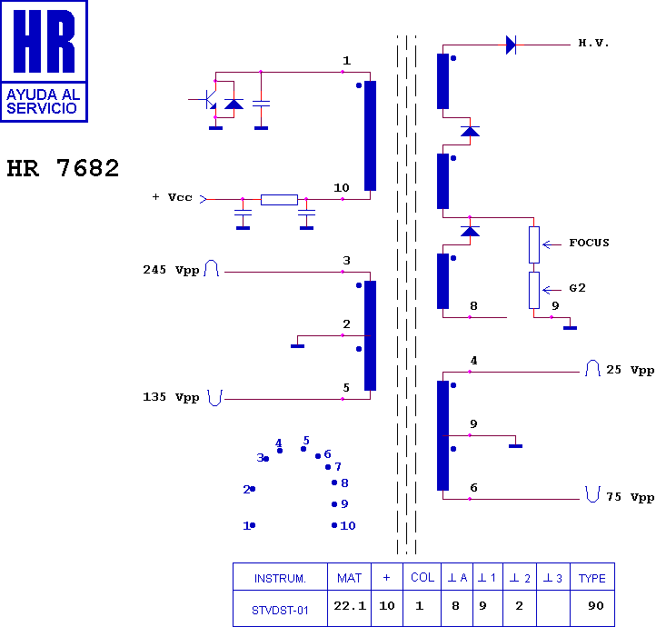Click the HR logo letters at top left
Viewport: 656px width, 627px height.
(44, 41)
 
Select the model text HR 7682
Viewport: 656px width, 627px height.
(63, 168)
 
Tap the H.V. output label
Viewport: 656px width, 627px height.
(593, 43)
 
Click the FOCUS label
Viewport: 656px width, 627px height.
(589, 243)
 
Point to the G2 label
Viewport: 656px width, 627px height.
(577, 288)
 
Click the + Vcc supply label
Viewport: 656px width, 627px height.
(172, 197)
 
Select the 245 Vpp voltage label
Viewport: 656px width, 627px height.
(171, 270)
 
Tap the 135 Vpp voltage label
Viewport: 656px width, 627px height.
(171, 397)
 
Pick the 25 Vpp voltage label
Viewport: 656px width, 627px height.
(630, 370)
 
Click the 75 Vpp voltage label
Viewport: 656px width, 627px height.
(630, 497)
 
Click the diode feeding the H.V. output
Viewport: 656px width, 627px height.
(511, 45)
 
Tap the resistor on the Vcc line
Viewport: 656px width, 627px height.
(279, 200)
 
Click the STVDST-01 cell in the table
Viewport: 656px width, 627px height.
(280, 611)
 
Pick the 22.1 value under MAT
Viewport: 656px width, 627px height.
(350, 605)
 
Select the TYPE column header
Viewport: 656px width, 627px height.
(592, 578)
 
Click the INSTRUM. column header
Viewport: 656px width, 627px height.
(280, 578)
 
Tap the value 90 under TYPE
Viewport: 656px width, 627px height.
(596, 605)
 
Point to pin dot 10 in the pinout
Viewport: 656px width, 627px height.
(334, 525)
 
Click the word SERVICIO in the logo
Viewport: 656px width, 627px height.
(42, 108)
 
